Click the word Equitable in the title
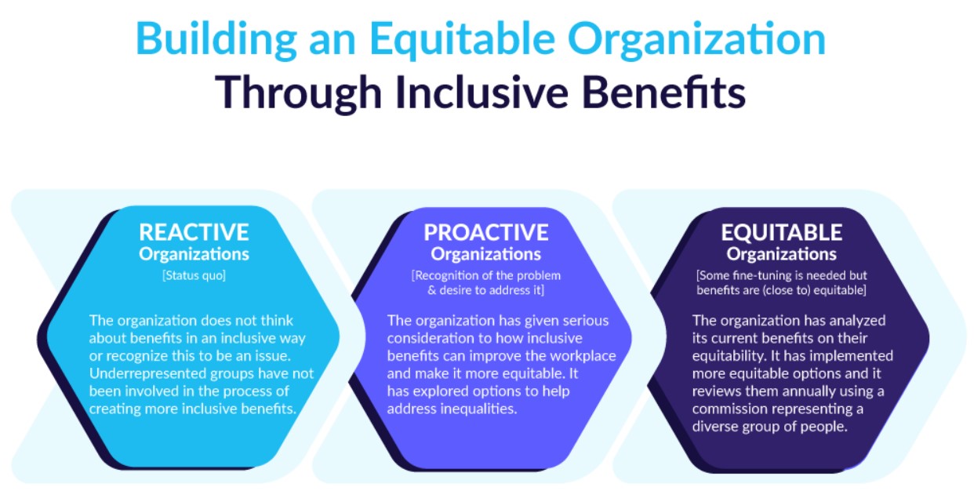click(x=463, y=40)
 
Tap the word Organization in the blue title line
click(x=697, y=40)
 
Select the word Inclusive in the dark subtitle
click(x=482, y=93)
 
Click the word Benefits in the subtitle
click(x=664, y=93)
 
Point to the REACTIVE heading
click(x=194, y=232)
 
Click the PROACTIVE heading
click(x=486, y=232)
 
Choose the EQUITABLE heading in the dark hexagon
click(x=781, y=232)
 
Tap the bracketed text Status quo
click(x=194, y=276)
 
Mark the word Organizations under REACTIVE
click(x=194, y=254)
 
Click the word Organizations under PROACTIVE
click(x=486, y=254)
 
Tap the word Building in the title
click(x=216, y=40)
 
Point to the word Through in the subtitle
click(x=298, y=93)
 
